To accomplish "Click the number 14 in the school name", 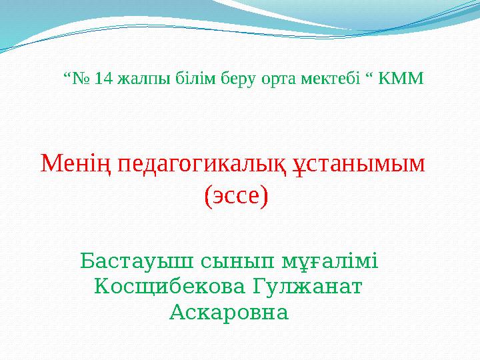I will tap(103, 79).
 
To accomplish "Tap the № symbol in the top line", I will tap(81, 79).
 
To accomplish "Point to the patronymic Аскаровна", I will tap(229, 311).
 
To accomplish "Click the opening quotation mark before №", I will tap(66, 76).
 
